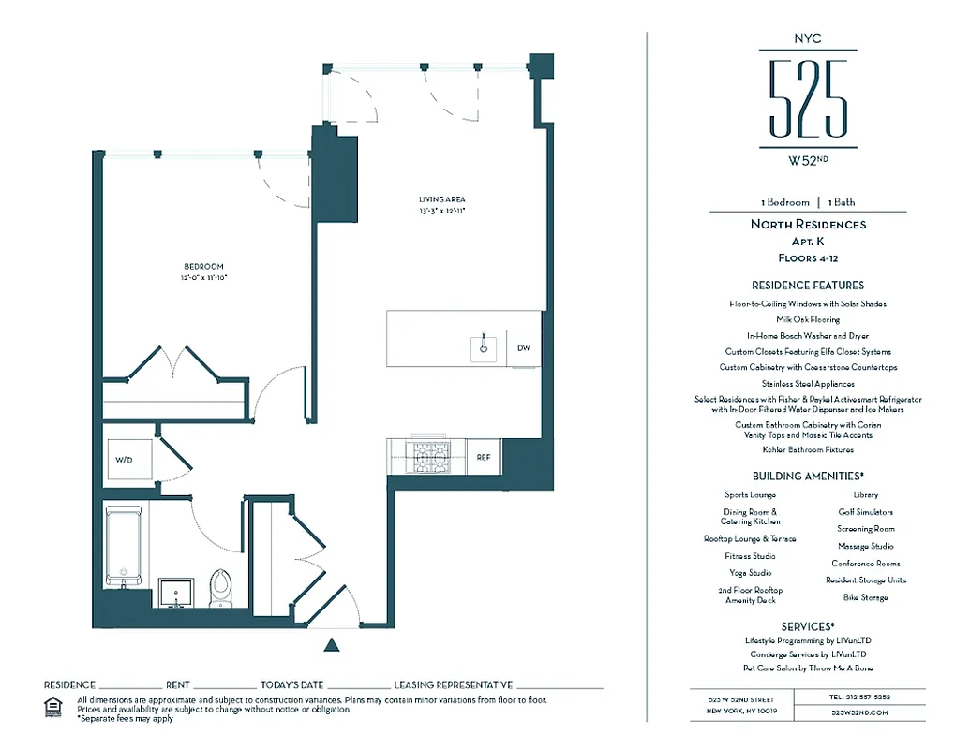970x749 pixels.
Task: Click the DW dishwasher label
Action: point(523,348)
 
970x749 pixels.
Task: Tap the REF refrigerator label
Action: point(484,458)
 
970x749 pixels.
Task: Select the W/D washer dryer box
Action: point(125,460)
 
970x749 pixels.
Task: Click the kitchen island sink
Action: point(484,347)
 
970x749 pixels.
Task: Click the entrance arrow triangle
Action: point(330,644)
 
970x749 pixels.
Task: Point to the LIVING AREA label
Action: point(442,199)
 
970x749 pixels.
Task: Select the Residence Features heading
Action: point(807,285)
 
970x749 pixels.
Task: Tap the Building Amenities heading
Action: point(807,476)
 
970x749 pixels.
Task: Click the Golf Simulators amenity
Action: point(865,512)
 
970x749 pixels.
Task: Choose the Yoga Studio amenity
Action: point(750,572)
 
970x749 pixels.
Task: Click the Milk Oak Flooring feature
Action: point(807,319)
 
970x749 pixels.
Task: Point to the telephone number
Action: point(858,698)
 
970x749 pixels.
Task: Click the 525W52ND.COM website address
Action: point(858,712)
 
